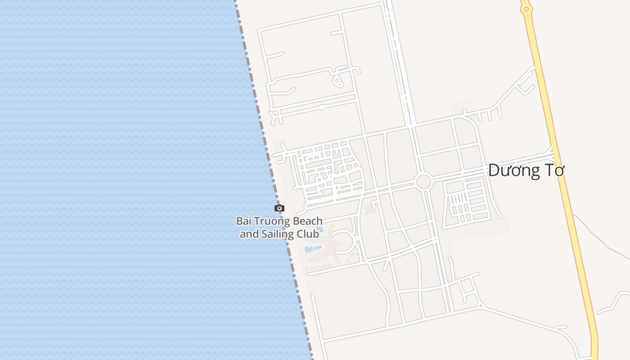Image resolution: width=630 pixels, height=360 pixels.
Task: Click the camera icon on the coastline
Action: [279, 208]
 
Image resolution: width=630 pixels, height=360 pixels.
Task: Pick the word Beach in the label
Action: [308, 221]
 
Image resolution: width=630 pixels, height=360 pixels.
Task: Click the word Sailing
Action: [277, 234]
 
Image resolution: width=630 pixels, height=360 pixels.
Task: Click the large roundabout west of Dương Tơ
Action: [423, 181]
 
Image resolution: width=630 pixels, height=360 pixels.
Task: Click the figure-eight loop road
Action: [337, 81]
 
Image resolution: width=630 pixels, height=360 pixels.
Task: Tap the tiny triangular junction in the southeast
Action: [481, 306]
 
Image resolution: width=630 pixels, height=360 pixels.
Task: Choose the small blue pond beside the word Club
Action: [320, 229]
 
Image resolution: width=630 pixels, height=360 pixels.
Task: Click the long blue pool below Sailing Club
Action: [314, 248]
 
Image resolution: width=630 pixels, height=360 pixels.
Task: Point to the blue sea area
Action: [112, 180]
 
